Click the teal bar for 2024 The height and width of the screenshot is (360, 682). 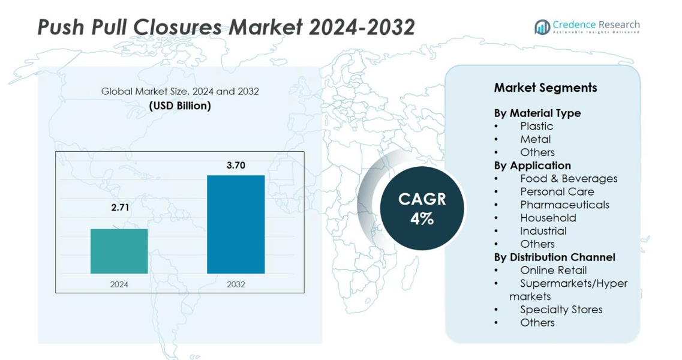(x=119, y=251)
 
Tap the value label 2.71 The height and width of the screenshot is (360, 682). (x=119, y=208)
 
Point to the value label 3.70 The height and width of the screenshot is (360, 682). (x=236, y=165)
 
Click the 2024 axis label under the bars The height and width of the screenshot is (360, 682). (x=119, y=284)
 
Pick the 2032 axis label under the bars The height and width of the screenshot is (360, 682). (x=236, y=284)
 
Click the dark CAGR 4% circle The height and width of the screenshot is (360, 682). (x=422, y=208)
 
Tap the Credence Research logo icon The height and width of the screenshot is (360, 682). (x=543, y=26)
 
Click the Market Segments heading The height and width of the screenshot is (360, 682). (x=545, y=88)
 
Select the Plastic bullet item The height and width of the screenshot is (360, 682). (x=536, y=126)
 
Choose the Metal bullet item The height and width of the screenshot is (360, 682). (x=535, y=139)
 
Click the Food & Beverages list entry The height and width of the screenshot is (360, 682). (x=568, y=178)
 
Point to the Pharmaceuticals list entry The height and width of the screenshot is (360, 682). (x=564, y=205)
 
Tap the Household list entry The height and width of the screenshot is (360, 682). (x=548, y=218)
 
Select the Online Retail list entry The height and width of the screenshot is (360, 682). (x=553, y=270)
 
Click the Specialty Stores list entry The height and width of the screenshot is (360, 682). (x=561, y=310)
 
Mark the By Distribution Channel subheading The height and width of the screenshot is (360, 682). (x=554, y=257)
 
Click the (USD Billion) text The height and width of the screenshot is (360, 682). (x=179, y=106)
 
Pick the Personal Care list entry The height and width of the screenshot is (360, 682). (x=557, y=191)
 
